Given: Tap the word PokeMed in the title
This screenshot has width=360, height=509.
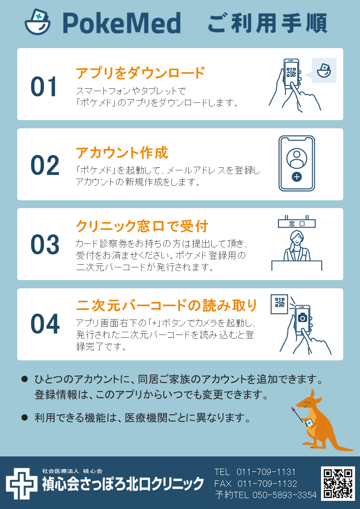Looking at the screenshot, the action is pyautogui.click(x=122, y=23).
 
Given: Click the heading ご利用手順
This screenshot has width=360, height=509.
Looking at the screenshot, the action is pyautogui.click(x=267, y=24).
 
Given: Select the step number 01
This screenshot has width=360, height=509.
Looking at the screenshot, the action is pyautogui.click(x=44, y=87).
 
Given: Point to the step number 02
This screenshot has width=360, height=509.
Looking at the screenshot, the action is pyautogui.click(x=45, y=165).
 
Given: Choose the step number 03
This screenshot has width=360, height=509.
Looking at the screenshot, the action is pyautogui.click(x=45, y=244).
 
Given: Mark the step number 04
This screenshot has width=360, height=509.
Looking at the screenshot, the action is pyautogui.click(x=45, y=324).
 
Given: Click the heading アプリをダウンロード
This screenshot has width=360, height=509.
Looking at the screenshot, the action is pyautogui.click(x=140, y=73).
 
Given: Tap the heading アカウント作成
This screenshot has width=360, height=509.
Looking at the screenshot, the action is pyautogui.click(x=122, y=153).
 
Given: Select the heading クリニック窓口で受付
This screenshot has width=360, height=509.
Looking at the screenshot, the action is pyautogui.click(x=141, y=226).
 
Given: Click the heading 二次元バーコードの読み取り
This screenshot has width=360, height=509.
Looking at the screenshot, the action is pyautogui.click(x=166, y=305).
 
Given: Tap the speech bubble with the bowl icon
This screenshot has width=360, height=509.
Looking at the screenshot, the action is pyautogui.click(x=323, y=70).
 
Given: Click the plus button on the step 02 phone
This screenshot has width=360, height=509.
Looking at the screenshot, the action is pyautogui.click(x=297, y=177).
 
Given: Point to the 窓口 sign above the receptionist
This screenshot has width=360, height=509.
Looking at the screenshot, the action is pyautogui.click(x=297, y=223).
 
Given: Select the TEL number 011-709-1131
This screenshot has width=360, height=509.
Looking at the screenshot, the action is pyautogui.click(x=266, y=472).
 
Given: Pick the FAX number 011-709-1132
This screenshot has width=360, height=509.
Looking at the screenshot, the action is pyautogui.click(x=267, y=484).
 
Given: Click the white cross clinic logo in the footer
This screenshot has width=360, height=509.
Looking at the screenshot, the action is pyautogui.click(x=22, y=483).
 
